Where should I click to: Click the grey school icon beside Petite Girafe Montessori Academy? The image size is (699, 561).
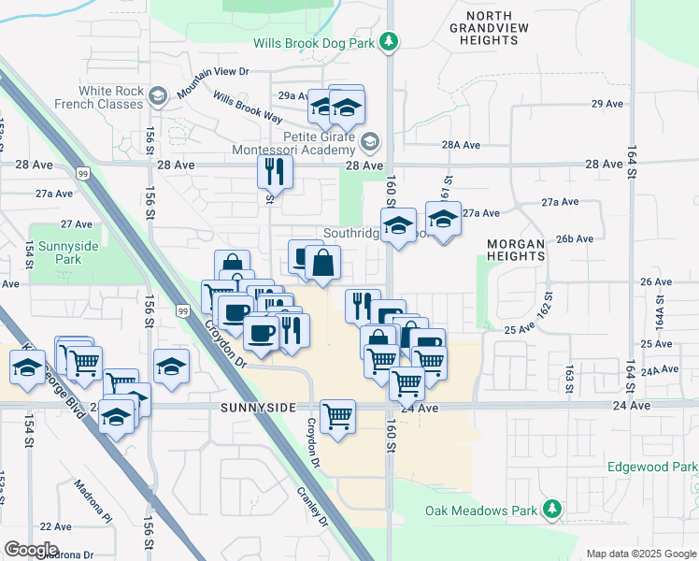[370, 142]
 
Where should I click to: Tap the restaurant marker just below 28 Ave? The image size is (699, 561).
[275, 171]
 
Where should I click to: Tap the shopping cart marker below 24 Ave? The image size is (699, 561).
[336, 416]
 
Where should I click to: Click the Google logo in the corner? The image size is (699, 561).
[31, 549]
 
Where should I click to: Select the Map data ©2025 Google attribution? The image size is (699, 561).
[640, 554]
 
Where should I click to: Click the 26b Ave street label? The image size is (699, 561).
[575, 238]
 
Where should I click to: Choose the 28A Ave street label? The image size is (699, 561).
[461, 145]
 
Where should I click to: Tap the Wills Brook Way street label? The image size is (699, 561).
[247, 108]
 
